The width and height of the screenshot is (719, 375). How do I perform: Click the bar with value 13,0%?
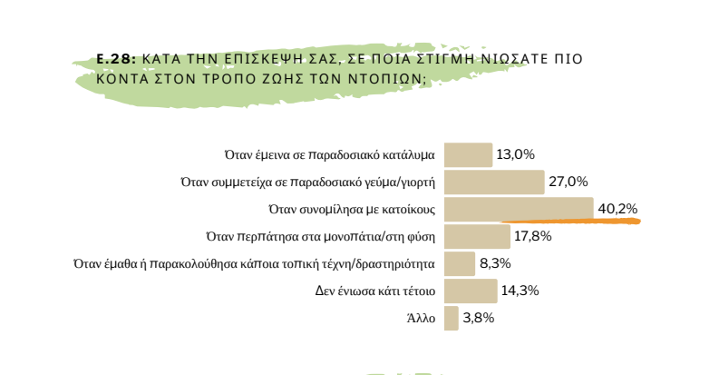point(468,154)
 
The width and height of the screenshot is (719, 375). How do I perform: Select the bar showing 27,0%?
point(494,182)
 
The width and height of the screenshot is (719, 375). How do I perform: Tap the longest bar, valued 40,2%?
point(519,208)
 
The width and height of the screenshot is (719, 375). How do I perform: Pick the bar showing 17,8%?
point(477,236)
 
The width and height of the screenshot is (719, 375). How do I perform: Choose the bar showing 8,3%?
point(460,263)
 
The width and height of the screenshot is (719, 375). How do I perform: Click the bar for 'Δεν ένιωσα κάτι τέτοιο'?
point(471,291)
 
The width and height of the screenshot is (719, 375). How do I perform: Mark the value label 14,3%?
point(520,291)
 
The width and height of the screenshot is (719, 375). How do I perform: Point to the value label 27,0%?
point(568,182)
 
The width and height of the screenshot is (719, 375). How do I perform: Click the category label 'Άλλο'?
point(422,319)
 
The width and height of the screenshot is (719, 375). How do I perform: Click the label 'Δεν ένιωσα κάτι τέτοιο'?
point(373,291)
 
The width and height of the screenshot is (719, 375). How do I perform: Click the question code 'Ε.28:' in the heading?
point(116,58)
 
